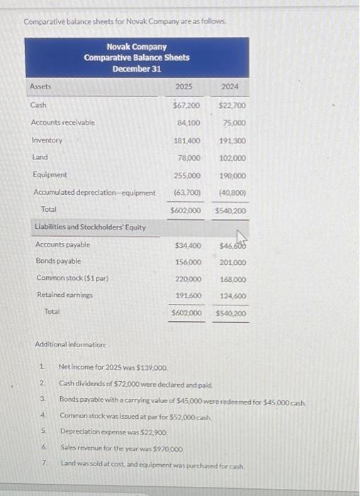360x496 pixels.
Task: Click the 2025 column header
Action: tap(184, 86)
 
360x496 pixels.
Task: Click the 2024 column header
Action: tap(229, 86)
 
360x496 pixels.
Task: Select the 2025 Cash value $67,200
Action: tap(186, 106)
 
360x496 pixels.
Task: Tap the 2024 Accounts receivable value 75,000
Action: tap(233, 123)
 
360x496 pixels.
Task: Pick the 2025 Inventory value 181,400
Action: tap(186, 140)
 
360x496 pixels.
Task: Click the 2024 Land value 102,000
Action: tap(232, 158)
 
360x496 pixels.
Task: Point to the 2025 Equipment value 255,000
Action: tap(187, 175)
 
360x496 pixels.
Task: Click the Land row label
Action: tap(40, 157)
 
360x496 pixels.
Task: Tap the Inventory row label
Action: tap(47, 140)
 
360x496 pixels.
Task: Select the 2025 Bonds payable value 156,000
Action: tap(188, 261)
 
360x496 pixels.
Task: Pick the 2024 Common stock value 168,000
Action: tap(233, 278)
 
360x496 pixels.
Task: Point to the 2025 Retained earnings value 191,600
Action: tap(188, 295)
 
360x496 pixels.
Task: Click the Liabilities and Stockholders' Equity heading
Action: tap(90, 227)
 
